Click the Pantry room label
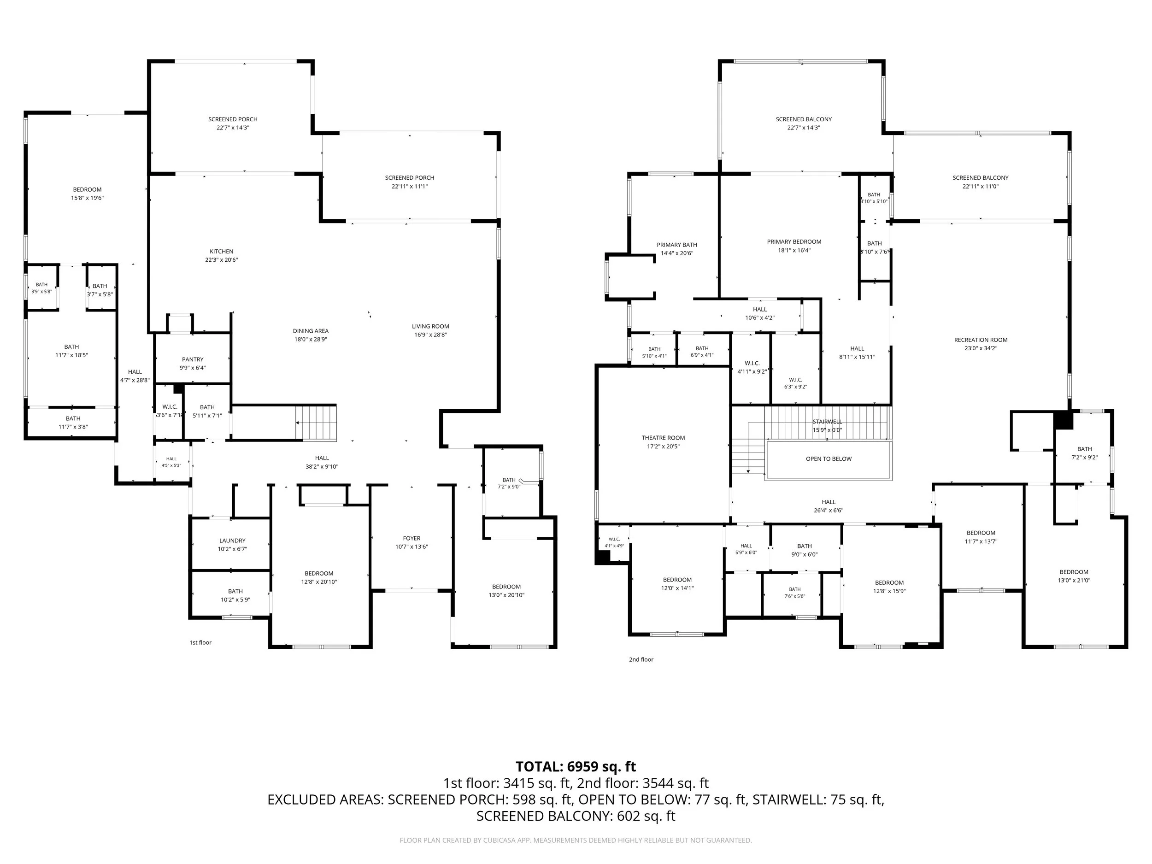coord(193,359)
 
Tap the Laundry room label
coord(232,541)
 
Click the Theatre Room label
coord(663,438)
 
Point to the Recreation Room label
coord(981,340)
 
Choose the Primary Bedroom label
coord(794,241)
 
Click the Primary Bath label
coord(676,245)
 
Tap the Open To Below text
coord(829,459)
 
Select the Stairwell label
coord(827,422)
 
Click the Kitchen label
coord(221,252)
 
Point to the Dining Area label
coord(311,331)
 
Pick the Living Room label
coord(430,327)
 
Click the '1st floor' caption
coord(200,643)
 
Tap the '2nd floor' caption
coord(641,659)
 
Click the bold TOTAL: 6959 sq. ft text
coord(576,767)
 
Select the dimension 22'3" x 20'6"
coord(221,260)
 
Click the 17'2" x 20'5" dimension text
coord(663,447)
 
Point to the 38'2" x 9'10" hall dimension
coord(322,467)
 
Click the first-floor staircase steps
coord(316,423)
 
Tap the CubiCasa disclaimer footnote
coord(576,840)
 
